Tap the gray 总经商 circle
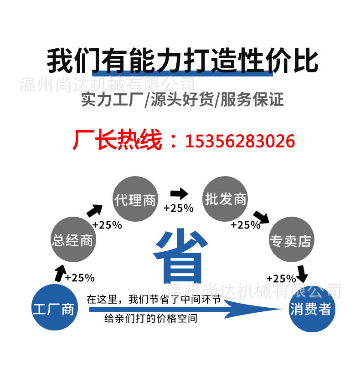tap(72, 240)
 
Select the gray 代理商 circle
tap(135, 200)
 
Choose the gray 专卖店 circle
tap(291, 240)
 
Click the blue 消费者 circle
tap(312, 309)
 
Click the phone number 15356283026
tap(240, 141)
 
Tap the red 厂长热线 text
tap(117, 141)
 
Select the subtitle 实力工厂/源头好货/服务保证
tap(182, 99)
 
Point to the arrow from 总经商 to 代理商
tap(94, 210)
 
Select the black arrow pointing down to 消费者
tap(302, 273)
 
